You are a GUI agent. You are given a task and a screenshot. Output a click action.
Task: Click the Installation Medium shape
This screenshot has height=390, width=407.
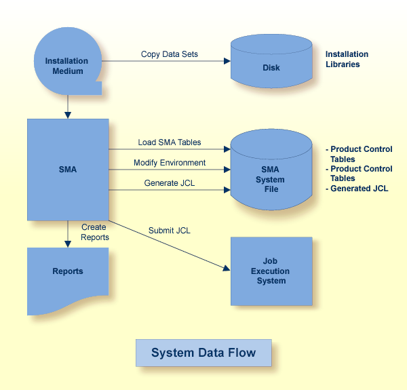tap(67, 64)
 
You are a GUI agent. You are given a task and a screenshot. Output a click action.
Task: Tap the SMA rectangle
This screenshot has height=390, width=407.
tap(68, 170)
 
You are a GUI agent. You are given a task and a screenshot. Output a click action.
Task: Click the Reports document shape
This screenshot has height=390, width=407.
tap(68, 275)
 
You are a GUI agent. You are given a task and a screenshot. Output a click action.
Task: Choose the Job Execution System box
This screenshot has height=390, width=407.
tap(271, 271)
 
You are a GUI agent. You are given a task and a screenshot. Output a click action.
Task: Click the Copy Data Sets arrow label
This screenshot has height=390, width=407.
tap(170, 54)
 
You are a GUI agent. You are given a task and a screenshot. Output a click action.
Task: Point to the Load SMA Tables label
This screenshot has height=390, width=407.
tap(170, 143)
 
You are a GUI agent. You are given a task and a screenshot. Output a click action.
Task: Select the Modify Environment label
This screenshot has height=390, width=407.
tap(170, 163)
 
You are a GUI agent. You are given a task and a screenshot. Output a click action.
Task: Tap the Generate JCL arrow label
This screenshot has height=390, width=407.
tap(170, 183)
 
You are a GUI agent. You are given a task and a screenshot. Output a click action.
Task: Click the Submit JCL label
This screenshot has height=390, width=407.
tap(170, 231)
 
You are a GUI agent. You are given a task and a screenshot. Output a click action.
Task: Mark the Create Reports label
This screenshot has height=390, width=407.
tap(95, 232)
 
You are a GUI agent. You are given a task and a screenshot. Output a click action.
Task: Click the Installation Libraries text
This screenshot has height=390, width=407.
tap(347, 59)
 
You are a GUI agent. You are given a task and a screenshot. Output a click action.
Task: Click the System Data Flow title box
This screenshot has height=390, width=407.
tap(203, 353)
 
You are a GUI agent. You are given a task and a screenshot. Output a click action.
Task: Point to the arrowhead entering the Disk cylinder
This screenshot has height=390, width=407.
tap(227, 61)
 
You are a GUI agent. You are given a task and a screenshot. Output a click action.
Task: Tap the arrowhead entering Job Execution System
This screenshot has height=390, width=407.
tap(227, 269)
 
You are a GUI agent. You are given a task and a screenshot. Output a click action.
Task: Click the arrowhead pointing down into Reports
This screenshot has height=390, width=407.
tap(68, 243)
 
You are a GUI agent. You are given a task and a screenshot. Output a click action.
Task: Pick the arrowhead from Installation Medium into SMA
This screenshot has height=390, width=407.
tap(68, 115)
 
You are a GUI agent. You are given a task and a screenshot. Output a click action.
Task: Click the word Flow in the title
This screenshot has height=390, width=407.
tap(242, 353)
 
